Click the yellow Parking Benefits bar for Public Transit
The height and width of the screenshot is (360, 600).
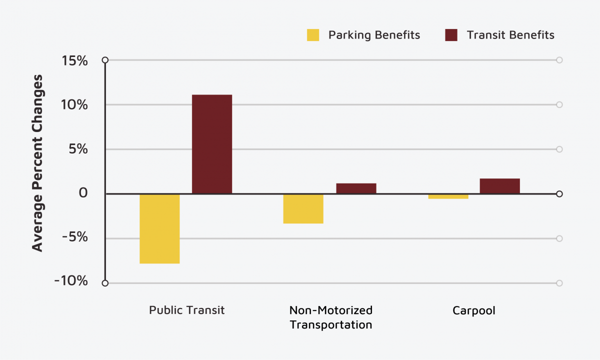tap(159, 228)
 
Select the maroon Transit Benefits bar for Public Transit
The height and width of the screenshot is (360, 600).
tap(212, 144)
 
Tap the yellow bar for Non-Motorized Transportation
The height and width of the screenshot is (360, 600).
tap(303, 208)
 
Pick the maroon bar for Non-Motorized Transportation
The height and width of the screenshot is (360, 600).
tap(356, 188)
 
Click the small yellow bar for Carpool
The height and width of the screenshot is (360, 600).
tap(448, 196)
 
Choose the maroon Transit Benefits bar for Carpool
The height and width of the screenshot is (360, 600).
tap(499, 186)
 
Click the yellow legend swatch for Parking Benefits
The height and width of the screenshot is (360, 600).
tap(313, 35)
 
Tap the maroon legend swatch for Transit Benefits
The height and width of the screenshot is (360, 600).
tap(451, 35)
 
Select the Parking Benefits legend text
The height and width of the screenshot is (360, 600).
tap(374, 35)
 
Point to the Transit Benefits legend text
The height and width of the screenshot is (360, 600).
tap(510, 35)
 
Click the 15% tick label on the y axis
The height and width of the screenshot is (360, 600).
tap(74, 60)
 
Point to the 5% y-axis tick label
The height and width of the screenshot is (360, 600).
tap(79, 149)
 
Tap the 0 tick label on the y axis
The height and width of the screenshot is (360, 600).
tap(83, 193)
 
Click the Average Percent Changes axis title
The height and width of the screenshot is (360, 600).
tap(37, 163)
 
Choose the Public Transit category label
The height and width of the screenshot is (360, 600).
tap(186, 310)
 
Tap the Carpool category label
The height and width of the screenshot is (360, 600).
tap(473, 310)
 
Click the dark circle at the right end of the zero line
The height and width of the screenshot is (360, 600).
tap(559, 194)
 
